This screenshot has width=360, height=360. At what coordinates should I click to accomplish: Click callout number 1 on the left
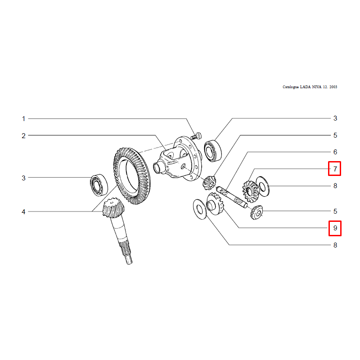[x=23, y=119]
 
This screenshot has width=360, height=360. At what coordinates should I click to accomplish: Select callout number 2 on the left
[x=23, y=136]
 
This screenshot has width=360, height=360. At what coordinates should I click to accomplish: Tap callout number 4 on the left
[x=23, y=211]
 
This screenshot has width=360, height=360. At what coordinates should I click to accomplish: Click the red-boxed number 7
[x=335, y=169]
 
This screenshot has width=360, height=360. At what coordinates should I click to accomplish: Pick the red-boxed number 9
[x=335, y=228]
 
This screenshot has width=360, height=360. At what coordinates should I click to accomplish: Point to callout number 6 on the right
[x=335, y=152]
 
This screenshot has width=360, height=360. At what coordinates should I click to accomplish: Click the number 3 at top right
[x=335, y=118]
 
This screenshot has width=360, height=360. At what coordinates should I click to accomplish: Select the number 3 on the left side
[x=23, y=178]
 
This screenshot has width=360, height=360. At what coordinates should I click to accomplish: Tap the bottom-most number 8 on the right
[x=335, y=245]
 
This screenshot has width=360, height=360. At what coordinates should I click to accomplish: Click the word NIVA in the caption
[x=317, y=87]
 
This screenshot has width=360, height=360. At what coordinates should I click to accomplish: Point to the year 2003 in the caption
[x=333, y=87]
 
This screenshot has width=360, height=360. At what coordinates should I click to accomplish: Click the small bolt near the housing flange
[x=196, y=136]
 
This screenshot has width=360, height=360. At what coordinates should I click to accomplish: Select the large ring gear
[x=132, y=176]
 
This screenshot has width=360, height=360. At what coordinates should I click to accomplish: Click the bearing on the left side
[x=99, y=185]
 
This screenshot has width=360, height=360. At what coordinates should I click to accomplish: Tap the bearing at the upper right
[x=213, y=151]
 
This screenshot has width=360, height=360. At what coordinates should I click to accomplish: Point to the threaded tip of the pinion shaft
[x=129, y=260]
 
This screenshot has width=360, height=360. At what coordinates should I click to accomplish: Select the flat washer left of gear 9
[x=200, y=209]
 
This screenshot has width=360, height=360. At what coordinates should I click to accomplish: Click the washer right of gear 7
[x=262, y=186]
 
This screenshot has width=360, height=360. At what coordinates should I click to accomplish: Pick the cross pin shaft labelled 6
[x=232, y=197]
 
